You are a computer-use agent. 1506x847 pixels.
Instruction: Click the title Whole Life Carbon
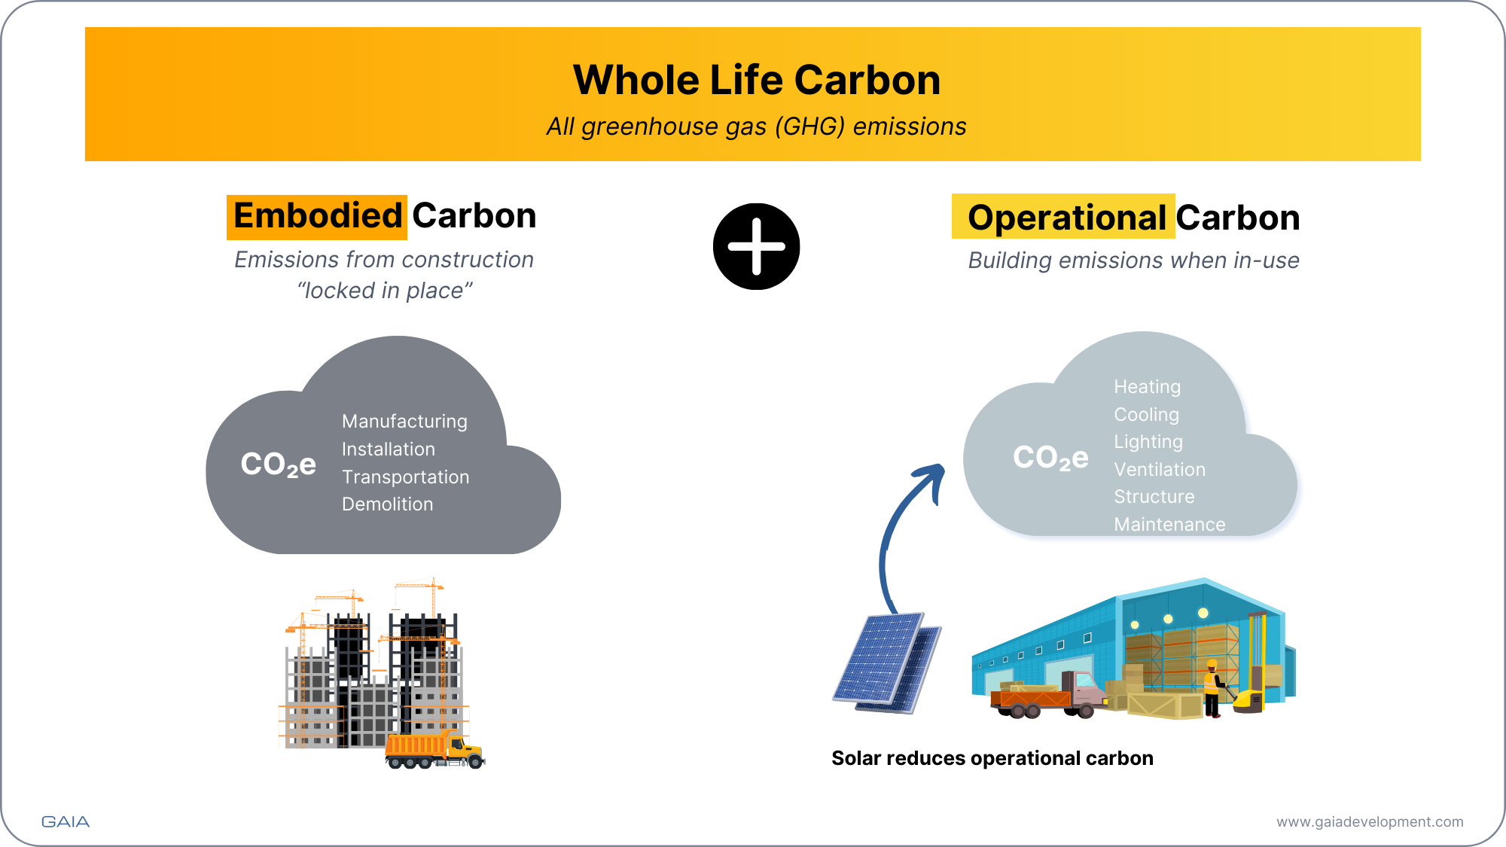click(x=756, y=80)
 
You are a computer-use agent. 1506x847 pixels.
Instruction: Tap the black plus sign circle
click(x=756, y=246)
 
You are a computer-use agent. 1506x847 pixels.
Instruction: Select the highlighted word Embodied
click(x=317, y=216)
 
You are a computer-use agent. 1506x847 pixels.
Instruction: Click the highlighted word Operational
click(x=1065, y=218)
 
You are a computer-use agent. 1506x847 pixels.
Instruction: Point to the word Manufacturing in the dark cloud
click(x=404, y=422)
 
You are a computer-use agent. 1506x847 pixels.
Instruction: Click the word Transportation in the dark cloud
click(x=405, y=477)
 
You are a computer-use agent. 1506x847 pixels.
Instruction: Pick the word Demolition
click(x=387, y=504)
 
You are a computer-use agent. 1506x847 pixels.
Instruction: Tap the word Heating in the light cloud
click(x=1147, y=387)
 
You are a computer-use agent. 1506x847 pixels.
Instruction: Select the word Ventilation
click(x=1160, y=470)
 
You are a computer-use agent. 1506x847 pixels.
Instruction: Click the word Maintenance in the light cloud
click(x=1169, y=525)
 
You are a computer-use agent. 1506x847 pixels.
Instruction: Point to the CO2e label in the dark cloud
click(x=278, y=465)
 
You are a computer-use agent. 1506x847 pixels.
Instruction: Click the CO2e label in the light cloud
click(x=1050, y=458)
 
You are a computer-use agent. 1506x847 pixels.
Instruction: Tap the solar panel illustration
click(x=887, y=663)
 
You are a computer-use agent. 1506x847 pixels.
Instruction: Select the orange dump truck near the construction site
click(x=433, y=749)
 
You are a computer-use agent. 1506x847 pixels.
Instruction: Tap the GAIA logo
click(x=66, y=821)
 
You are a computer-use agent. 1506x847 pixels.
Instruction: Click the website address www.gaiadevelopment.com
click(x=1370, y=822)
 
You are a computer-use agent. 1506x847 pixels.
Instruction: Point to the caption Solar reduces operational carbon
click(x=992, y=758)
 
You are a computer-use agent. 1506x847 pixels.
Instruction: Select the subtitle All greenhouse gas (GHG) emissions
click(x=756, y=126)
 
